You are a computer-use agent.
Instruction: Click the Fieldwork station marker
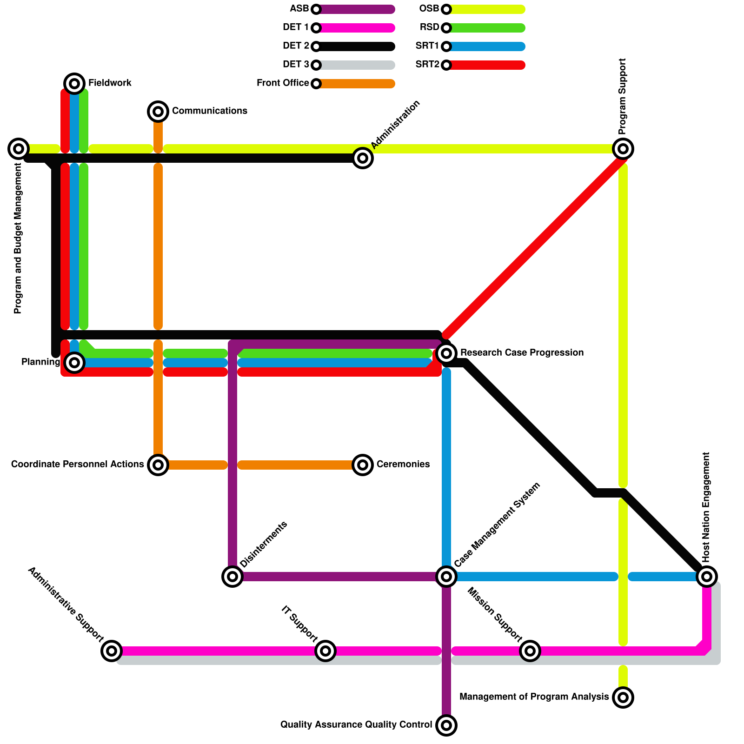click(74, 84)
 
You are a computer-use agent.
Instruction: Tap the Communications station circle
click(158, 112)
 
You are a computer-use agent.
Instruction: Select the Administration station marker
click(363, 158)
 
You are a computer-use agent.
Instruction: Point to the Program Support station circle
click(623, 149)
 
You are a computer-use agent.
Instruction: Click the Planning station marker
click(74, 363)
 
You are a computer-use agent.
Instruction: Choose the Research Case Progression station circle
click(446, 353)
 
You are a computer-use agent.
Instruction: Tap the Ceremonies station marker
click(363, 465)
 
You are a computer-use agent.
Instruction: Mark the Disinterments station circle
click(232, 577)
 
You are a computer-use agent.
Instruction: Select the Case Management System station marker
click(446, 577)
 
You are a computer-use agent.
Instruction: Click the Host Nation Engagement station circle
click(707, 577)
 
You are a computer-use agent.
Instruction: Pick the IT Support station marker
click(325, 651)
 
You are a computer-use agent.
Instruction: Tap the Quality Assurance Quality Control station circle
click(446, 725)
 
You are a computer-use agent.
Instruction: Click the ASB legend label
click(299, 9)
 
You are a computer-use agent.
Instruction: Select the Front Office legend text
click(283, 83)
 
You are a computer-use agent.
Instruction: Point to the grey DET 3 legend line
click(356, 65)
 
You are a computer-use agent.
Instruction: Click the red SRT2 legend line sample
click(486, 65)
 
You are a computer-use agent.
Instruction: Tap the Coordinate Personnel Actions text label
click(78, 465)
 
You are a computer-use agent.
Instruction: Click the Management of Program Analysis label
click(534, 697)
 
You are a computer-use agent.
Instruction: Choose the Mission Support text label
click(494, 614)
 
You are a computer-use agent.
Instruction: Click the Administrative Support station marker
click(112, 651)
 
